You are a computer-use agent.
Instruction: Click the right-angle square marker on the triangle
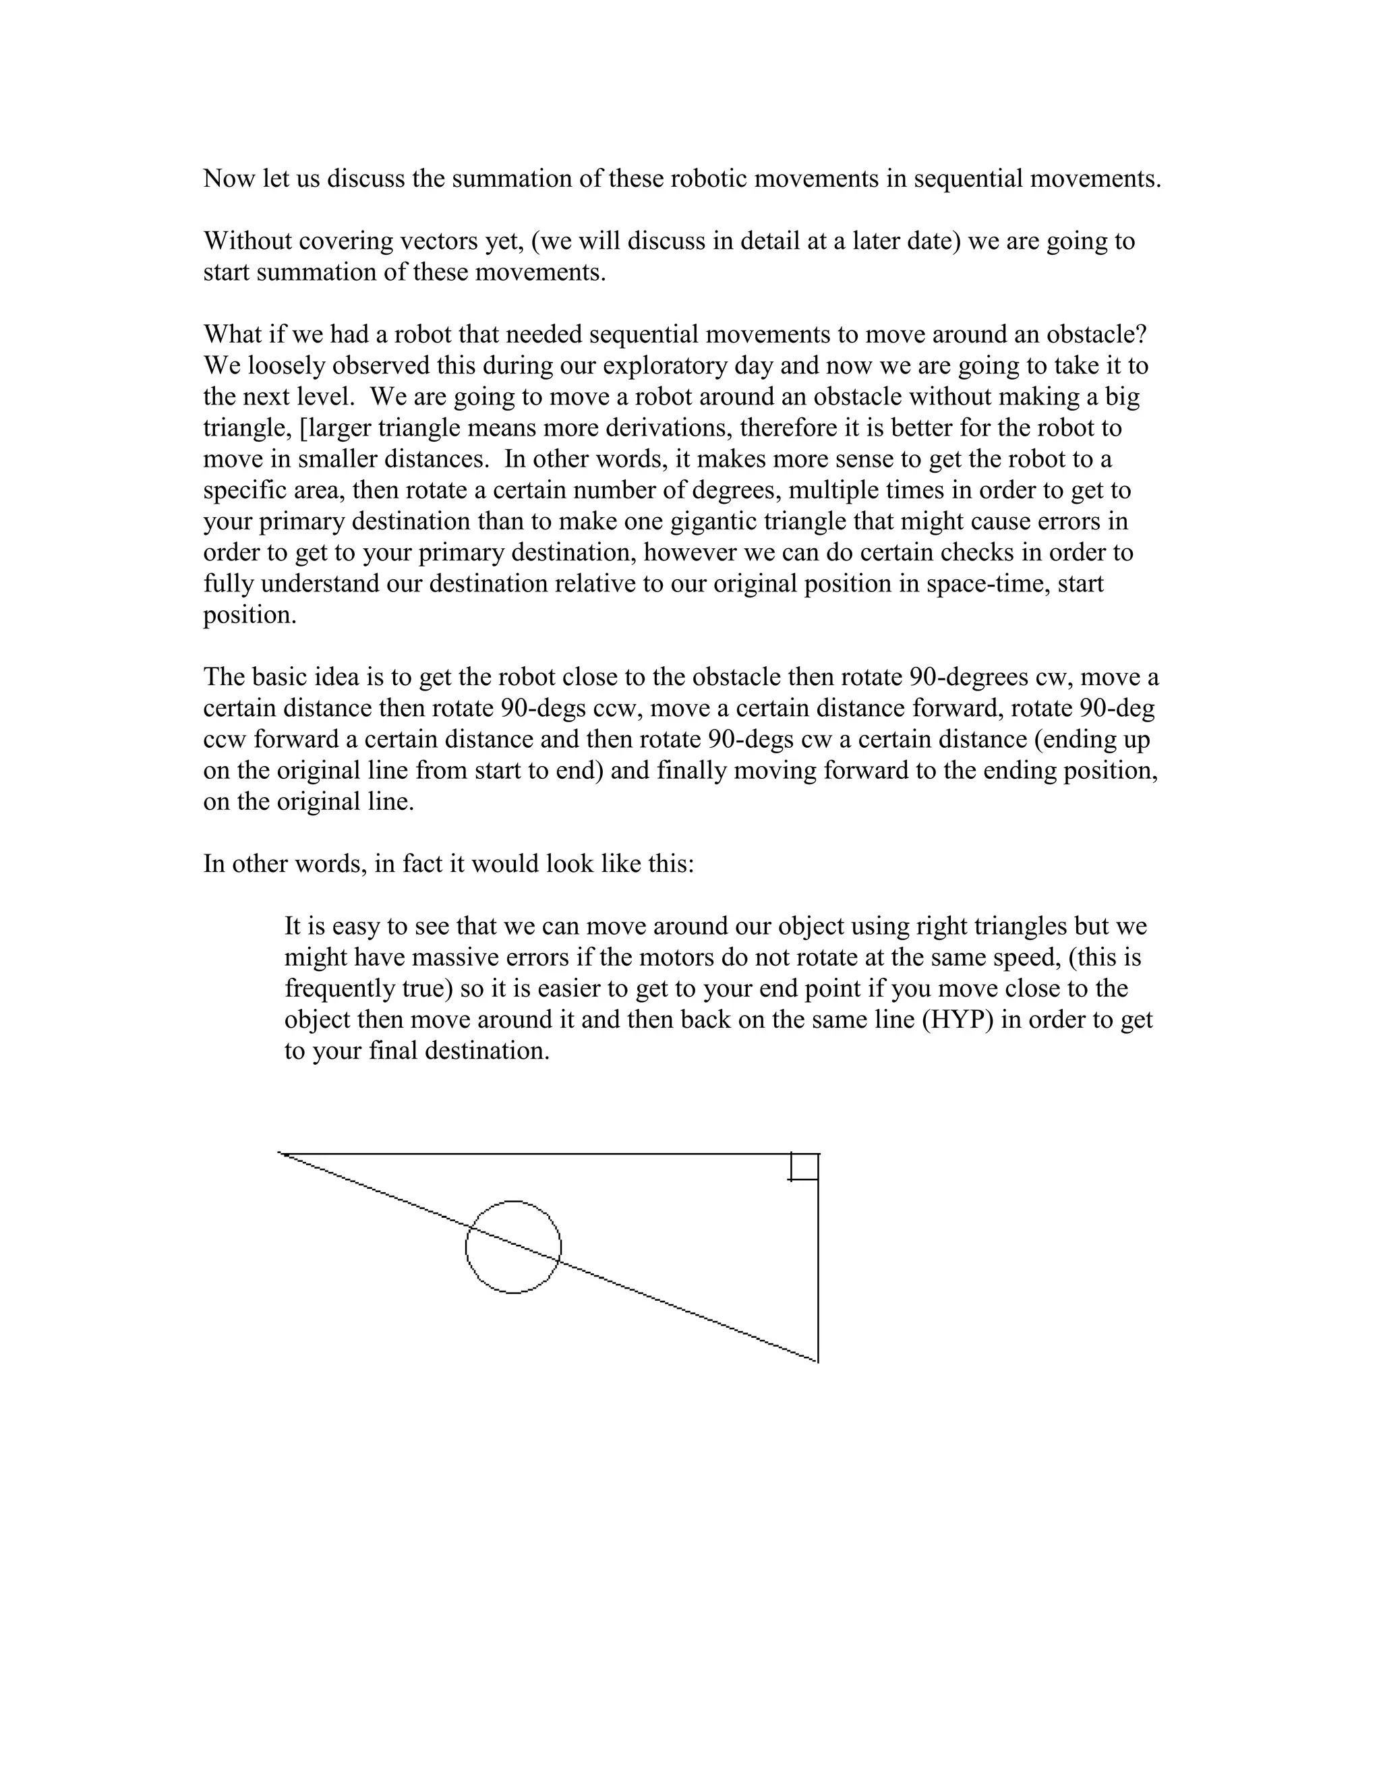coord(804,1167)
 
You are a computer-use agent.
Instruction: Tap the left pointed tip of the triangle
coord(281,1154)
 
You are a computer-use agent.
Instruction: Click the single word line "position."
coord(249,614)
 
